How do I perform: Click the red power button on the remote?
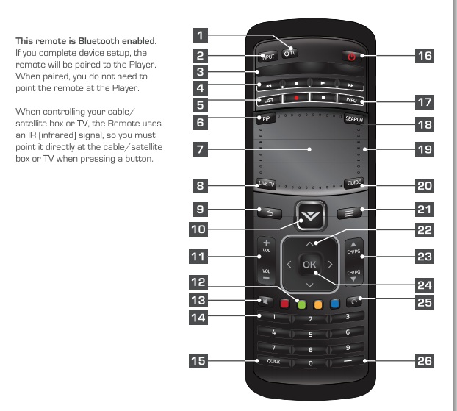click(352, 56)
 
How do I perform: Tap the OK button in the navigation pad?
click(309, 264)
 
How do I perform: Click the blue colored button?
click(334, 301)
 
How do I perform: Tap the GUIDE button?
click(353, 183)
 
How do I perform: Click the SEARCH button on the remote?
click(353, 118)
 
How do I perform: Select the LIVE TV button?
click(265, 183)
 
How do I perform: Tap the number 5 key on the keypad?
click(310, 334)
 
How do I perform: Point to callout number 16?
click(424, 55)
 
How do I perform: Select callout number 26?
click(424, 361)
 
